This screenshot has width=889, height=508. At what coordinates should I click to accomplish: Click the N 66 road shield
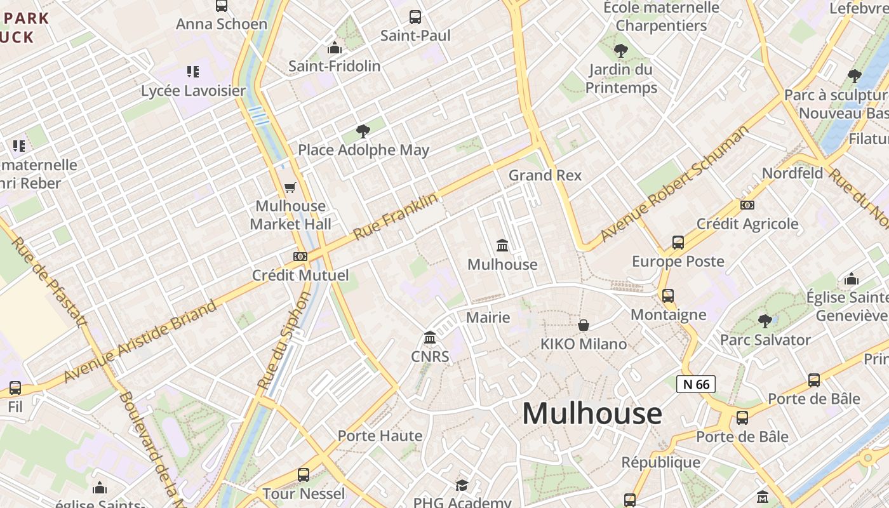point(696,384)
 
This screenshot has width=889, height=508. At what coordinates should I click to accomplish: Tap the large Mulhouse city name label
point(592,413)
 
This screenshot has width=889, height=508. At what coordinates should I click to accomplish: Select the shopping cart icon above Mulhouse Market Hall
point(290,187)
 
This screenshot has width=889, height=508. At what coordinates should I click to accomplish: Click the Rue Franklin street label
point(396,217)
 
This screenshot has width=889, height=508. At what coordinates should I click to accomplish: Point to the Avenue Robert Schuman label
point(674,184)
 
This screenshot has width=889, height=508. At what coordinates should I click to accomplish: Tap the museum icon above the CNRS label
point(430,337)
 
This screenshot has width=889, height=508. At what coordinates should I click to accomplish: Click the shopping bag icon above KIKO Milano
point(583,325)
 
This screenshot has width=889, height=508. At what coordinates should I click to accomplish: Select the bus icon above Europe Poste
point(678,243)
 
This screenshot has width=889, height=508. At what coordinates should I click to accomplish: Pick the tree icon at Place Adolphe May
point(363,131)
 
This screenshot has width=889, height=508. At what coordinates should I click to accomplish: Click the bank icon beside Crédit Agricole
point(747,205)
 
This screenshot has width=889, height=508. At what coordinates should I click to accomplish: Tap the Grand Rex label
point(545,175)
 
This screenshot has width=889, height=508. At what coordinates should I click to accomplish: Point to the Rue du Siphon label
point(285,340)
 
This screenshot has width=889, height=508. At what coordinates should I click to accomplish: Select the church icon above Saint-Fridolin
point(335,48)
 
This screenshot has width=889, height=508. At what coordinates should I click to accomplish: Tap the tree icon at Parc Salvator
point(765,321)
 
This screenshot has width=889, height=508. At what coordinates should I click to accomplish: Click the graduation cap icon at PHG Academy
point(462,485)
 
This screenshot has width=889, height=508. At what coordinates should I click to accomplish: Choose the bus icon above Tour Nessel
point(304,474)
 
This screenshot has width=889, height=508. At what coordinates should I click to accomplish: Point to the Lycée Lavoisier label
point(193,91)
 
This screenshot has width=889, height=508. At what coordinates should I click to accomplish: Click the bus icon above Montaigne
point(668,296)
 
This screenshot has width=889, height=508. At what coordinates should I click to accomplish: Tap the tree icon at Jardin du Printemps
point(621,51)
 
